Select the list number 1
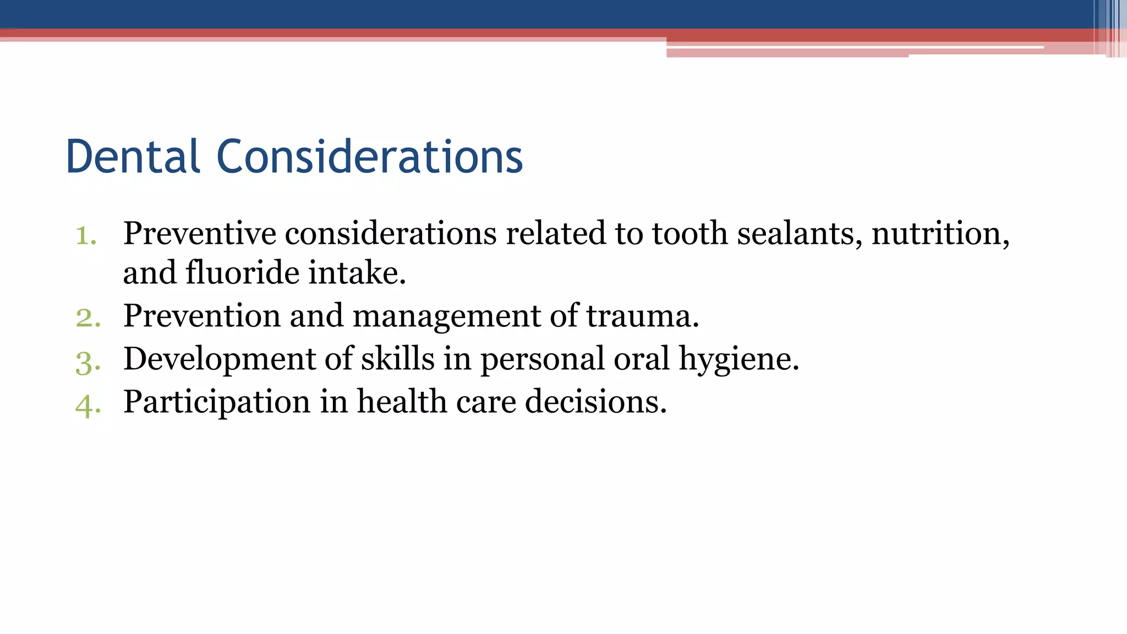86,236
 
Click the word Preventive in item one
199,233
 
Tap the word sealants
800,233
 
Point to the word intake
357,273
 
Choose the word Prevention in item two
202,316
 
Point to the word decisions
595,402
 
